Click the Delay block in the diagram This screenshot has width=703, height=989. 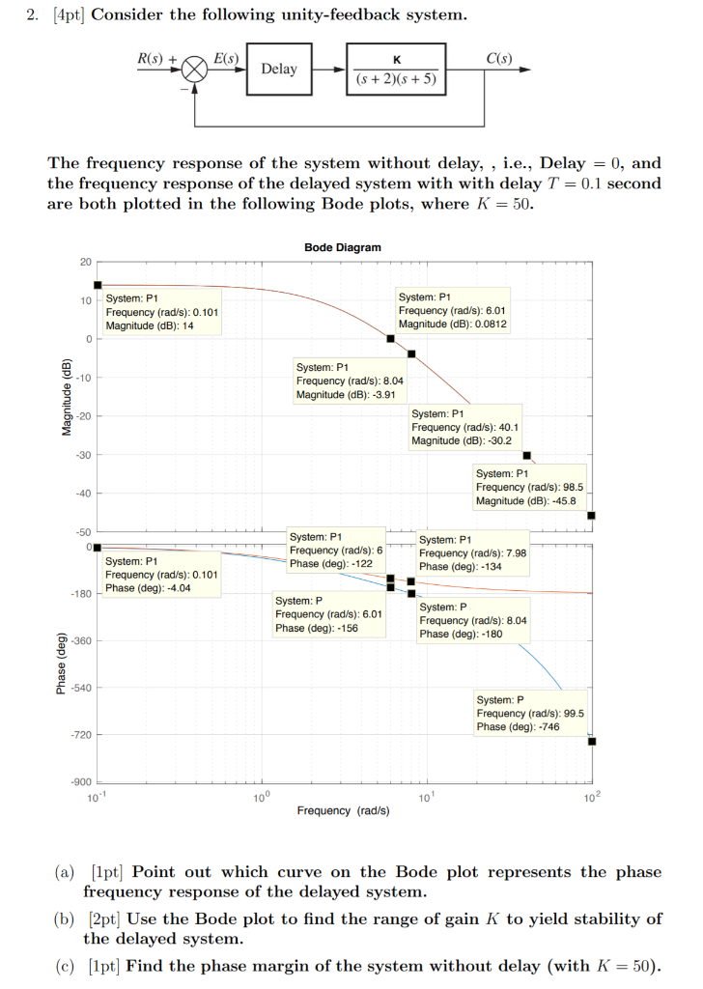[279, 70]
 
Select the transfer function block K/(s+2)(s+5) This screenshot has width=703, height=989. [395, 71]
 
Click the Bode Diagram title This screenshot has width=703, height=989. [342, 247]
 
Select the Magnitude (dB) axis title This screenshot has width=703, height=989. [67, 397]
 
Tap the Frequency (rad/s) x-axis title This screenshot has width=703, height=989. [342, 810]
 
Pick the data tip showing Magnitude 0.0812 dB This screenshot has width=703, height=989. [453, 311]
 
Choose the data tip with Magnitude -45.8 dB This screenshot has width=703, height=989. [529, 487]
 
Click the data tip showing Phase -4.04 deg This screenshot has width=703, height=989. [161, 574]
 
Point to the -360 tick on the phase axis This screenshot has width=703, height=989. [79, 640]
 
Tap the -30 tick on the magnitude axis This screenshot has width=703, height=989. [83, 455]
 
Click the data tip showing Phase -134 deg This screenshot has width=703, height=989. [472, 552]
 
